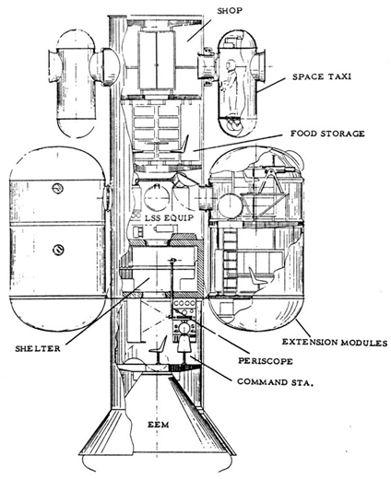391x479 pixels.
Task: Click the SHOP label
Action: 230,11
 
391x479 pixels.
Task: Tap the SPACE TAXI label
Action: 321,76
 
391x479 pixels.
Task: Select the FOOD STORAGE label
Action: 327,134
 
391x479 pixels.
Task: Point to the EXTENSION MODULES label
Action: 335,342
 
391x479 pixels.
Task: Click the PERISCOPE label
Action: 266,361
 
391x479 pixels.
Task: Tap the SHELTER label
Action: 38,348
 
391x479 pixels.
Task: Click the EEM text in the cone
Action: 159,425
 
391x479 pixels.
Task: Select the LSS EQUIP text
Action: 170,218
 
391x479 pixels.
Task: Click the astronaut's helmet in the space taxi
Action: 230,65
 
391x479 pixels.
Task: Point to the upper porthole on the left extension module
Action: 57,188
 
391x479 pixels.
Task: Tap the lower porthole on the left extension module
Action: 57,250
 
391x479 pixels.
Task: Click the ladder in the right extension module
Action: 230,261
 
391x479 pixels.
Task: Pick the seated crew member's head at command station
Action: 184,329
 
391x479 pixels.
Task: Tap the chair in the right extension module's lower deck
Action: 256,277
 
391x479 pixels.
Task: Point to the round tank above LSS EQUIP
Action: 157,199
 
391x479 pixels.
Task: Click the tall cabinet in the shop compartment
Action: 157,60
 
